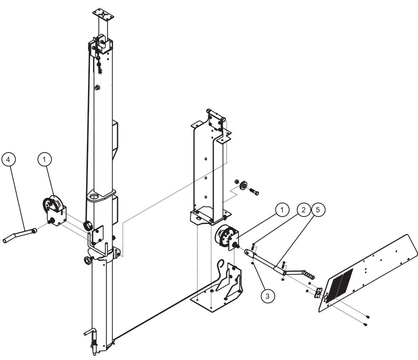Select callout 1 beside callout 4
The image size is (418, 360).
(x=45, y=158)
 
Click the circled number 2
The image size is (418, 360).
(x=304, y=211)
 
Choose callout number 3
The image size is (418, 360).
(x=268, y=296)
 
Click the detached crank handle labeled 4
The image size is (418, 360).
(x=19, y=235)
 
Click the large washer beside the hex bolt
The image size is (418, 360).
(x=243, y=186)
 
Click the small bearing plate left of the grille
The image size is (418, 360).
(x=318, y=293)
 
